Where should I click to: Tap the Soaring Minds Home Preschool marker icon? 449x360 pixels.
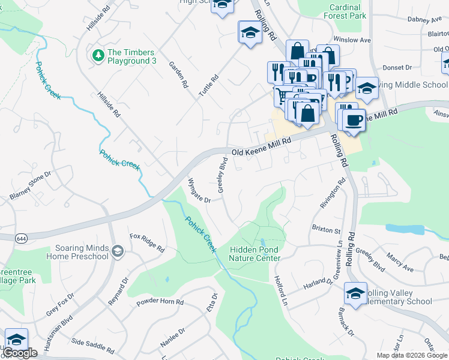[x=118, y=251]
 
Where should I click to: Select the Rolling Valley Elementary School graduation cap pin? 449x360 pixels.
[x=355, y=293]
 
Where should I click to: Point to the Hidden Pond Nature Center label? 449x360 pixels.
[x=255, y=254]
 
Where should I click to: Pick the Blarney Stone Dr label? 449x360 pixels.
[x=31, y=185]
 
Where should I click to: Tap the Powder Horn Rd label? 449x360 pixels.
[x=160, y=301]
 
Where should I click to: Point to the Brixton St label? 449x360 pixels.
[x=326, y=230]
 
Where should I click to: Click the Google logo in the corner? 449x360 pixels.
[x=20, y=353]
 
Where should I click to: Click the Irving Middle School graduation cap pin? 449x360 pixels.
[x=366, y=89]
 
